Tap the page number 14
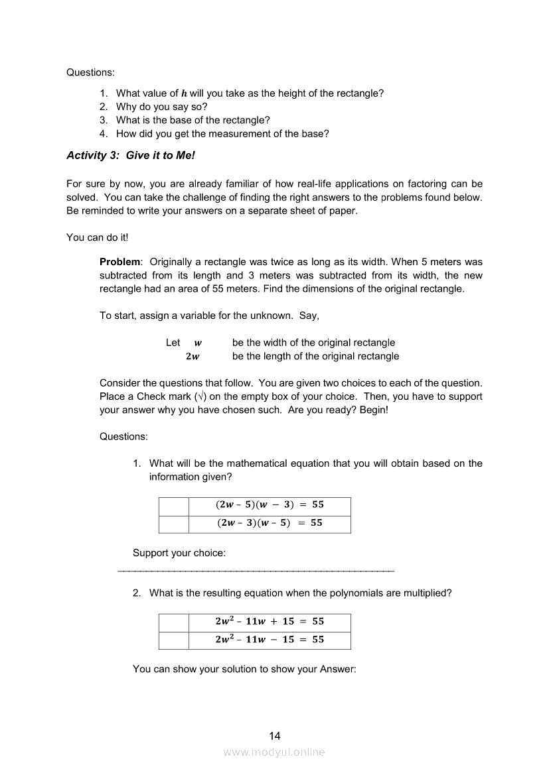275,735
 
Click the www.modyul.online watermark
274,752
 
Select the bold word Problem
119,262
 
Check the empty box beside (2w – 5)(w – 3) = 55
174,506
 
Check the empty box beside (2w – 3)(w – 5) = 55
174,524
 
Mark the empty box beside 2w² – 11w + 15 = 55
174,623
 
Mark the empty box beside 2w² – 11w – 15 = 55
174,640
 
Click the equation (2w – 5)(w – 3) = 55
270,505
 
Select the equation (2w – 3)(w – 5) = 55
270,523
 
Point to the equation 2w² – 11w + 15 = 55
270,622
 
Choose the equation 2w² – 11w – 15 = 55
270,640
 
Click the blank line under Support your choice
256,570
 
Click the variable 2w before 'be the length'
193,357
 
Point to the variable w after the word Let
198,343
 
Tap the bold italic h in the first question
184,93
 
